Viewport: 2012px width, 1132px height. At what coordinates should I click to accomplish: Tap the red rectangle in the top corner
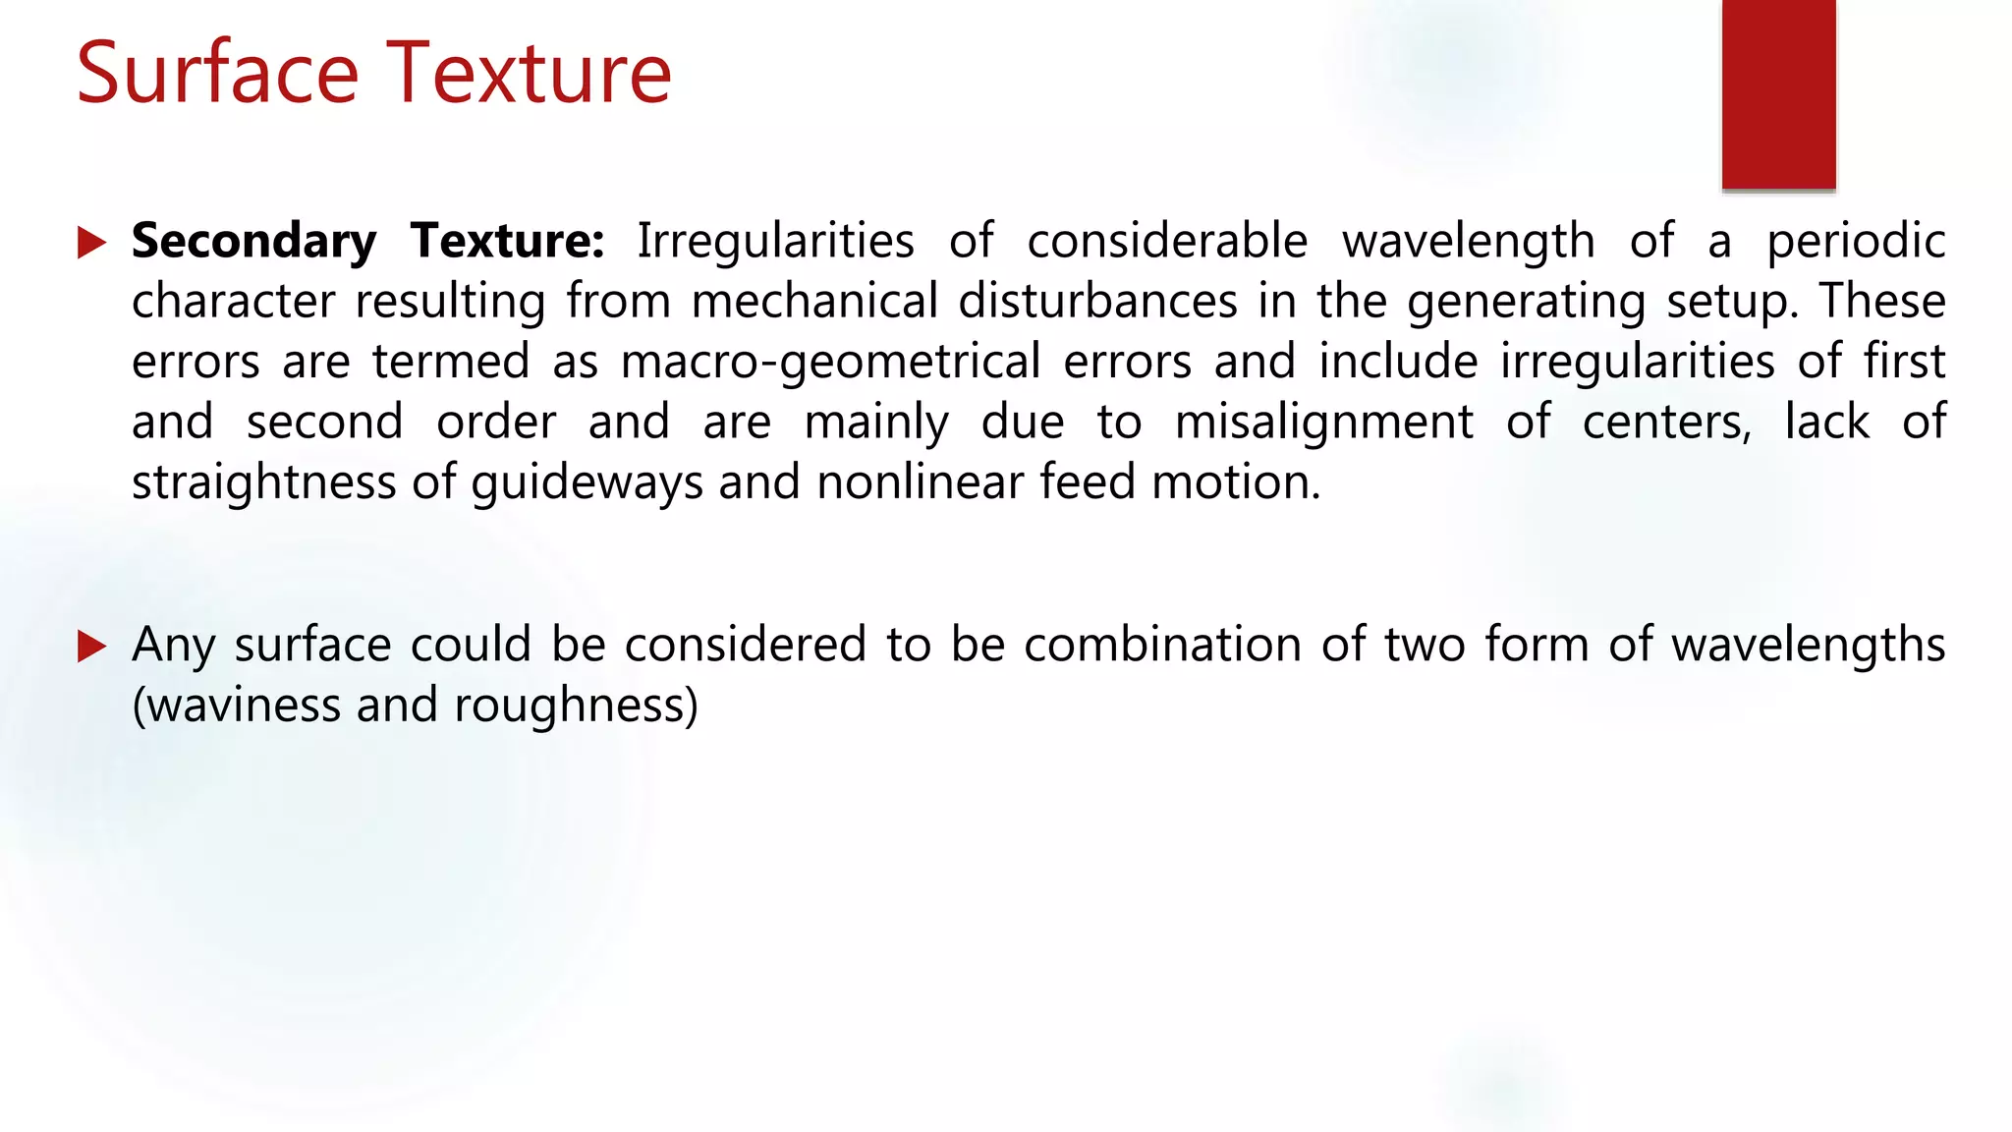1778,94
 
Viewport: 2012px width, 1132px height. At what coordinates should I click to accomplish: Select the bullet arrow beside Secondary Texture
91,243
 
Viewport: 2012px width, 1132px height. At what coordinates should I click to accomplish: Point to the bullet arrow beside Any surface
91,647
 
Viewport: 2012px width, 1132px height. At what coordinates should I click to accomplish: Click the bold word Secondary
253,242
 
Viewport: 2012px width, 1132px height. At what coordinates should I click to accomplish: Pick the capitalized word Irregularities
775,242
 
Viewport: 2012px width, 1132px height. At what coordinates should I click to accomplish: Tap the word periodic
1856,242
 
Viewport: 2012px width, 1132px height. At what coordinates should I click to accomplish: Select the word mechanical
814,302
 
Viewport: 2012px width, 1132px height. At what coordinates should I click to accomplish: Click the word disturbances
1097,302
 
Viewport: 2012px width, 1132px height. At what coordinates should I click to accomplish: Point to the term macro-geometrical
830,363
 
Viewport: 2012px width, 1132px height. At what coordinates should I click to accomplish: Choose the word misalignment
1324,423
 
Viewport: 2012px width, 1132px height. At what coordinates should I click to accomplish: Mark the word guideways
587,483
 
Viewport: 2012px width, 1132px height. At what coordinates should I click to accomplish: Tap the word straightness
263,483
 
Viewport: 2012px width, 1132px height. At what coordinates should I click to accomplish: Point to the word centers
1666,423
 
